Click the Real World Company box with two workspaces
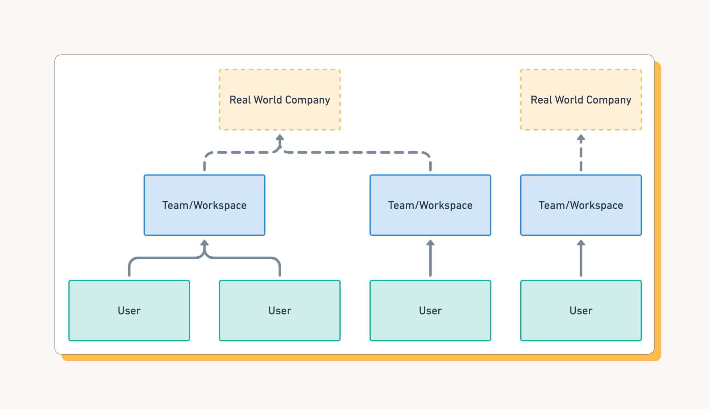pos(280,100)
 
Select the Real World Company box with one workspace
pos(581,100)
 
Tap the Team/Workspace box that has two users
pos(205,205)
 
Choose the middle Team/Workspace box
pos(430,205)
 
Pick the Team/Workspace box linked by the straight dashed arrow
pos(581,205)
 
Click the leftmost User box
pos(129,310)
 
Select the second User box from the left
pos(280,310)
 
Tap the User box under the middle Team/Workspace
pos(430,310)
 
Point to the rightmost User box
pos(581,310)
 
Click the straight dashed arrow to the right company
pos(581,153)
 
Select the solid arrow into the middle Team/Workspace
pos(430,258)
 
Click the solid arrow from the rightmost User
pos(581,258)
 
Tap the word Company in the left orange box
pos(307,100)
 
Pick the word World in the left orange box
pos(268,100)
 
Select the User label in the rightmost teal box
pos(581,310)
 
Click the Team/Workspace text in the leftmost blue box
pos(205,206)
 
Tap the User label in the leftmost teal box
pos(129,310)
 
